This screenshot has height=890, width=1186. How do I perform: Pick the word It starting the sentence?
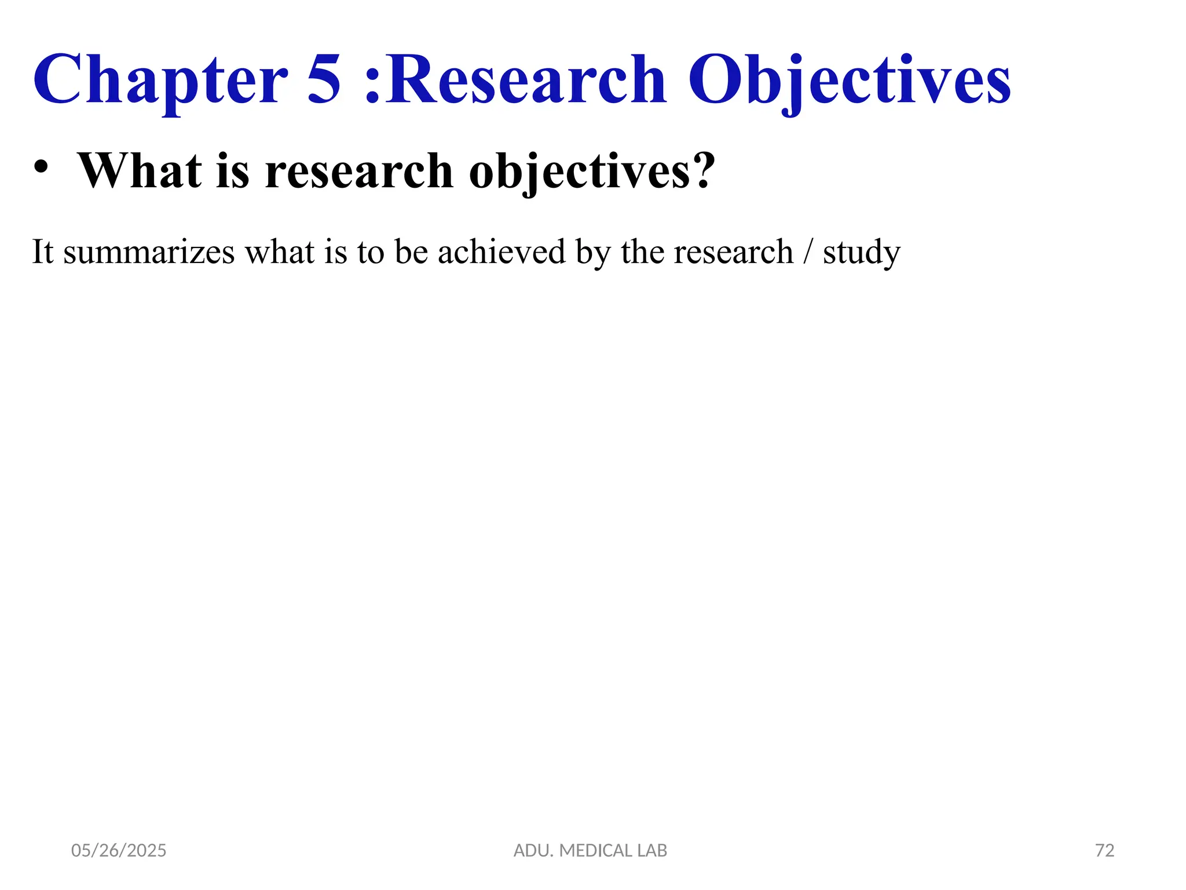42,253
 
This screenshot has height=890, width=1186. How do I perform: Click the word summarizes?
149,253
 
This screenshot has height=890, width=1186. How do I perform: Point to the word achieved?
501,253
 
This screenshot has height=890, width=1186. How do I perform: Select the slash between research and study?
808,253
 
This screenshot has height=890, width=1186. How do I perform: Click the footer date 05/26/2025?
119,851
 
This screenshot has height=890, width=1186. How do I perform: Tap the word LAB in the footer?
653,851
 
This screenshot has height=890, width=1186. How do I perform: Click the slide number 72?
1105,851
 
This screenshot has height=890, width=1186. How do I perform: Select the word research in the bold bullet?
359,172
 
